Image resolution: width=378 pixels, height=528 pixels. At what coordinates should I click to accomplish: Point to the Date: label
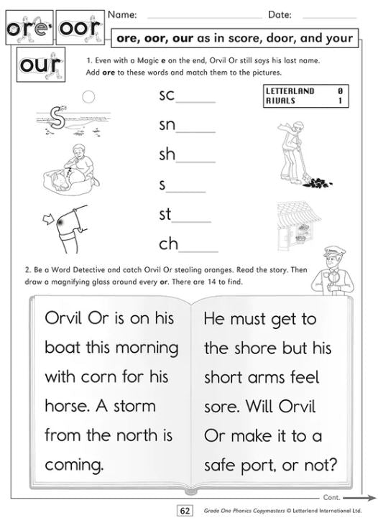(280, 14)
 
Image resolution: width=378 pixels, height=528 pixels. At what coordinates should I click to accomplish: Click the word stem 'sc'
(167, 95)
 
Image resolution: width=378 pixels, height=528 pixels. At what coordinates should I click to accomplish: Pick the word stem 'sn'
(167, 125)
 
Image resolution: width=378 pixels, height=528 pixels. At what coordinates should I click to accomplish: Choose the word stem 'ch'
(168, 244)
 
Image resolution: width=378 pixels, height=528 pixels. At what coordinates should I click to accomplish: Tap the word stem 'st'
(165, 214)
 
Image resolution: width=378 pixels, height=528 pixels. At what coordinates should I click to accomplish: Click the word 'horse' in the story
(65, 406)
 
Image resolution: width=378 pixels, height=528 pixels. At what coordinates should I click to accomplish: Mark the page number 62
(184, 511)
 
